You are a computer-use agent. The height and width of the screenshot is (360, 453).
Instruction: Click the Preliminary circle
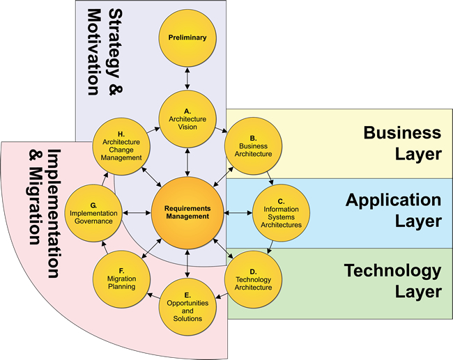(x=187, y=38)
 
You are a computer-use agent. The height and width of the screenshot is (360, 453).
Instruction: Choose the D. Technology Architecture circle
(x=254, y=279)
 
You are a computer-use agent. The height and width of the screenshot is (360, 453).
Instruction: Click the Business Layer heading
(x=403, y=143)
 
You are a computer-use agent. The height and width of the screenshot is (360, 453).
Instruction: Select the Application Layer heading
(x=394, y=211)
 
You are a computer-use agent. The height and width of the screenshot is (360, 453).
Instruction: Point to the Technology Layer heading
(x=393, y=281)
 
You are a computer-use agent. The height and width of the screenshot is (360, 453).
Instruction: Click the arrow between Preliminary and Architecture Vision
(x=187, y=78)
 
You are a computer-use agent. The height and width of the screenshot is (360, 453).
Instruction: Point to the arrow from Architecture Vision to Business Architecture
(x=220, y=129)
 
